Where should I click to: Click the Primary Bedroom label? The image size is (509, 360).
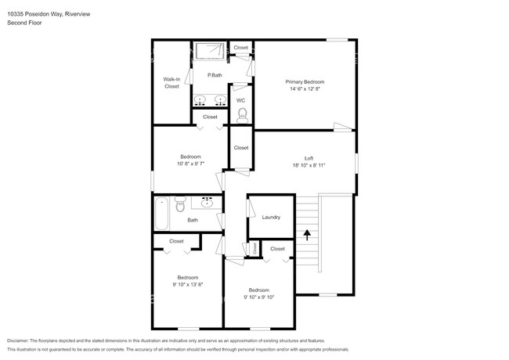coord(305,81)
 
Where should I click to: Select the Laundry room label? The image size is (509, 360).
coord(271,218)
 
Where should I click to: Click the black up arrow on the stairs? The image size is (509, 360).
coord(307,232)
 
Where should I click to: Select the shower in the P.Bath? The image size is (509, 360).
coord(209,52)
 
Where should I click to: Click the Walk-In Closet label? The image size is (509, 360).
coord(171,82)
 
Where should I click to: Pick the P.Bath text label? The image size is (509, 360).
coord(214,75)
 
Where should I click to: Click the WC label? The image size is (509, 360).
coord(240,100)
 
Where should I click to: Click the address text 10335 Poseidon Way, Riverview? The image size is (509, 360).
coord(50,13)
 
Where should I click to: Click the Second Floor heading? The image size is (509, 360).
coord(25,23)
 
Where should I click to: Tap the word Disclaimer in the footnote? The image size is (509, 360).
coord(17,341)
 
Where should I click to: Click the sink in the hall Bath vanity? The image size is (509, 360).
coord(207,203)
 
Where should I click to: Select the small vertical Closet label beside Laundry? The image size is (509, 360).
coord(254,248)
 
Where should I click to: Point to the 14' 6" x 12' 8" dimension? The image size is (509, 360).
coord(305,89)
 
